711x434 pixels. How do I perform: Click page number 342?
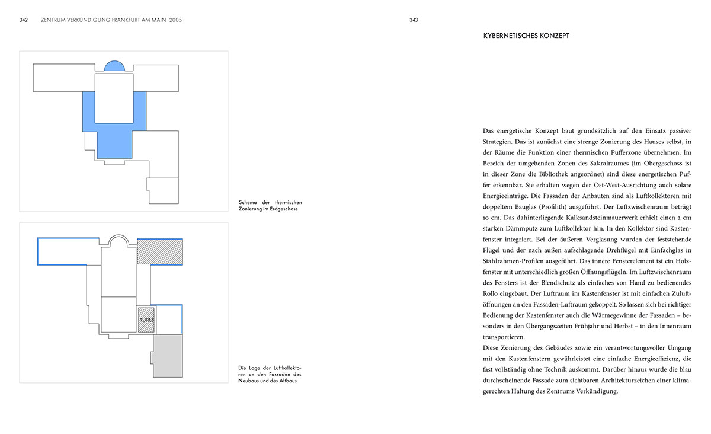[24, 20]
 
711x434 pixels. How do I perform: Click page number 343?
[414, 20]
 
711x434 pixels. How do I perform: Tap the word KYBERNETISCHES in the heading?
[511, 36]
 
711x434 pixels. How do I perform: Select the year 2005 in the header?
[175, 20]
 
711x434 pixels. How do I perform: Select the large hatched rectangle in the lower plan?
[159, 251]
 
